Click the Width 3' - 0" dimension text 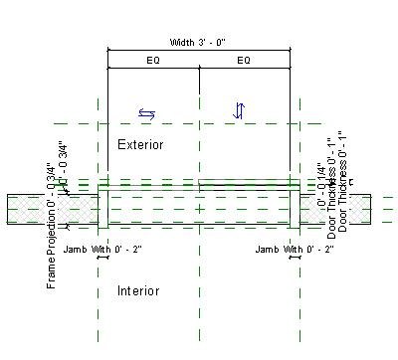(x=199, y=42)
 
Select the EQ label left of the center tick (x=152, y=61)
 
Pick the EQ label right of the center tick (x=244, y=61)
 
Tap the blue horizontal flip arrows (x=146, y=113)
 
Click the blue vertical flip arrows (x=238, y=111)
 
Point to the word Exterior (x=140, y=145)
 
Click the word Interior (x=138, y=291)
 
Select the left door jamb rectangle (x=102, y=207)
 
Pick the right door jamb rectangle (x=295, y=207)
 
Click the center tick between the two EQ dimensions (x=199, y=67)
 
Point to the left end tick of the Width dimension (x=107, y=49)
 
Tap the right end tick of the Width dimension (x=291, y=49)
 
